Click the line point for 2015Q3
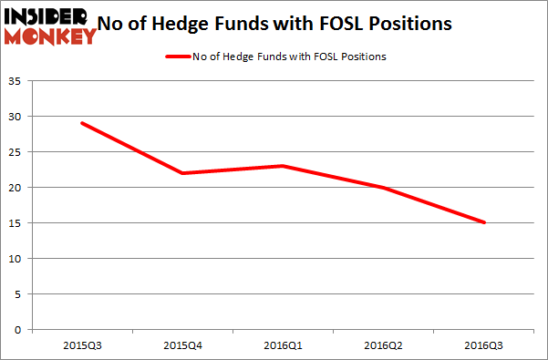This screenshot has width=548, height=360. pyautogui.click(x=82, y=123)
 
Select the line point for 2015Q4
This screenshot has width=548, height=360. pyautogui.click(x=182, y=173)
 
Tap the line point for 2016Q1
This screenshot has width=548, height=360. pyautogui.click(x=283, y=166)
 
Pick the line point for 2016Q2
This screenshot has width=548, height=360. pyautogui.click(x=383, y=187)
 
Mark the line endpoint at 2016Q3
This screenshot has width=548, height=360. pyautogui.click(x=483, y=222)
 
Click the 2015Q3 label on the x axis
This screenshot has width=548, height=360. pyautogui.click(x=82, y=345)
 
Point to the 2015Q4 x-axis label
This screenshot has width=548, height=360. pyautogui.click(x=182, y=345)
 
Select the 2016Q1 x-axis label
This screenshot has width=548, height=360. pyautogui.click(x=283, y=345)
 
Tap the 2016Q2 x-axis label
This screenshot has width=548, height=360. pyautogui.click(x=383, y=345)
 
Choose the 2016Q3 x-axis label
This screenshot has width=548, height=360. pyautogui.click(x=483, y=345)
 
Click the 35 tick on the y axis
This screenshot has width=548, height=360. pyautogui.click(x=17, y=81)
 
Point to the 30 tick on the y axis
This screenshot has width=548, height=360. pyautogui.click(x=17, y=117)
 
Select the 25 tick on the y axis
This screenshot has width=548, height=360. pyautogui.click(x=17, y=152)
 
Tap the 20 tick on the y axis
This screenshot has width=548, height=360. pyautogui.click(x=17, y=188)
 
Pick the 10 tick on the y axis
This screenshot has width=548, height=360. pyautogui.click(x=17, y=259)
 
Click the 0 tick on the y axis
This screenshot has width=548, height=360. pyautogui.click(x=20, y=330)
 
